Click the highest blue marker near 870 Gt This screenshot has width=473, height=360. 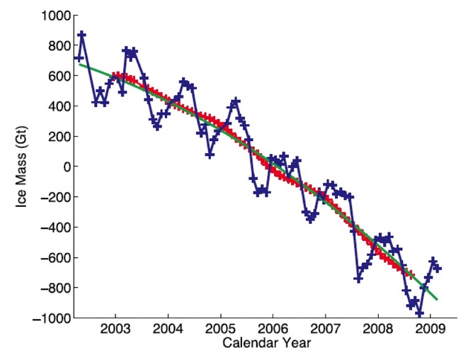click(82, 35)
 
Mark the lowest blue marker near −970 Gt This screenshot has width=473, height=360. click(419, 313)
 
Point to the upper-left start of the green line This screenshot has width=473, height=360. click(79, 64)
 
